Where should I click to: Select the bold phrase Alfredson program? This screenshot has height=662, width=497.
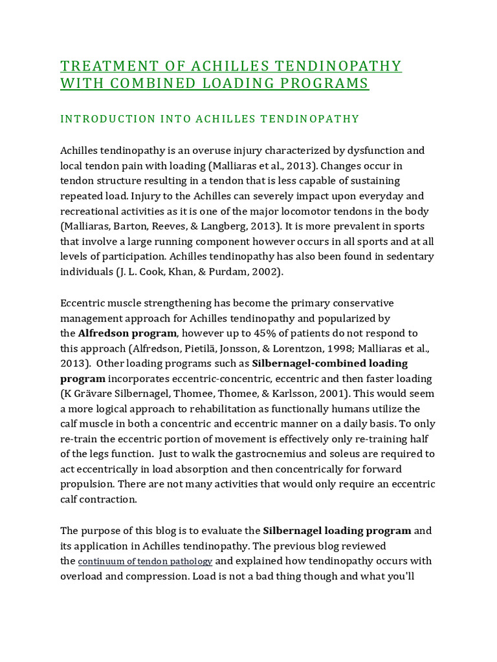127,333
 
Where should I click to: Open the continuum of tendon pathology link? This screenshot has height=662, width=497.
145,561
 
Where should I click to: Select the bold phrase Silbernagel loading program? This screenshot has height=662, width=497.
337,531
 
